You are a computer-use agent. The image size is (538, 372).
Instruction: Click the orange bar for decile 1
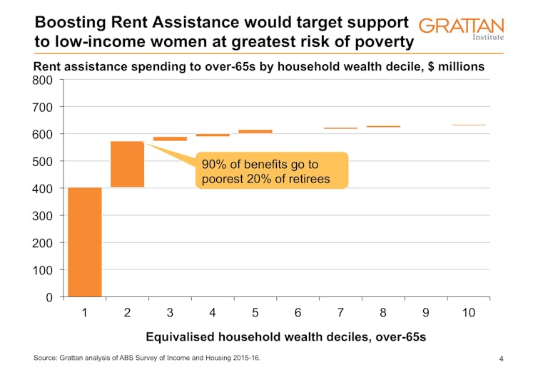click(x=84, y=242)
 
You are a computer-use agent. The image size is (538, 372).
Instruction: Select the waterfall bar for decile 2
click(x=127, y=164)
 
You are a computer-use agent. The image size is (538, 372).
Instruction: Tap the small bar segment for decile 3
click(x=170, y=138)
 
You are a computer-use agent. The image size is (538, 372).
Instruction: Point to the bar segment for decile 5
click(x=255, y=131)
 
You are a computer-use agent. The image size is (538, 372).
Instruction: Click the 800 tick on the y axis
click(x=43, y=81)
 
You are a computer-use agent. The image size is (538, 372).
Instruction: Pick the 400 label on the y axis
click(x=43, y=189)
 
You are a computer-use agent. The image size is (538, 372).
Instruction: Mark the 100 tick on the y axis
click(x=43, y=270)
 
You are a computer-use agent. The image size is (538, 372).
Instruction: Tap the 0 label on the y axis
click(x=48, y=297)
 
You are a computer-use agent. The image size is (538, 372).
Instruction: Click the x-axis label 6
click(x=298, y=313)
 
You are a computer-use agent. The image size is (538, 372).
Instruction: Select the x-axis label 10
click(x=468, y=313)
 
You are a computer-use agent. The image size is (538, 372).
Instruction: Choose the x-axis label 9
click(x=426, y=313)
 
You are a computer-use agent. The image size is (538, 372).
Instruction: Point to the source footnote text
click(x=147, y=358)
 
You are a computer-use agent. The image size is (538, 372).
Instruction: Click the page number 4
click(x=502, y=358)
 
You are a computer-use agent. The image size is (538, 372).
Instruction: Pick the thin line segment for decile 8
click(x=383, y=126)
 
